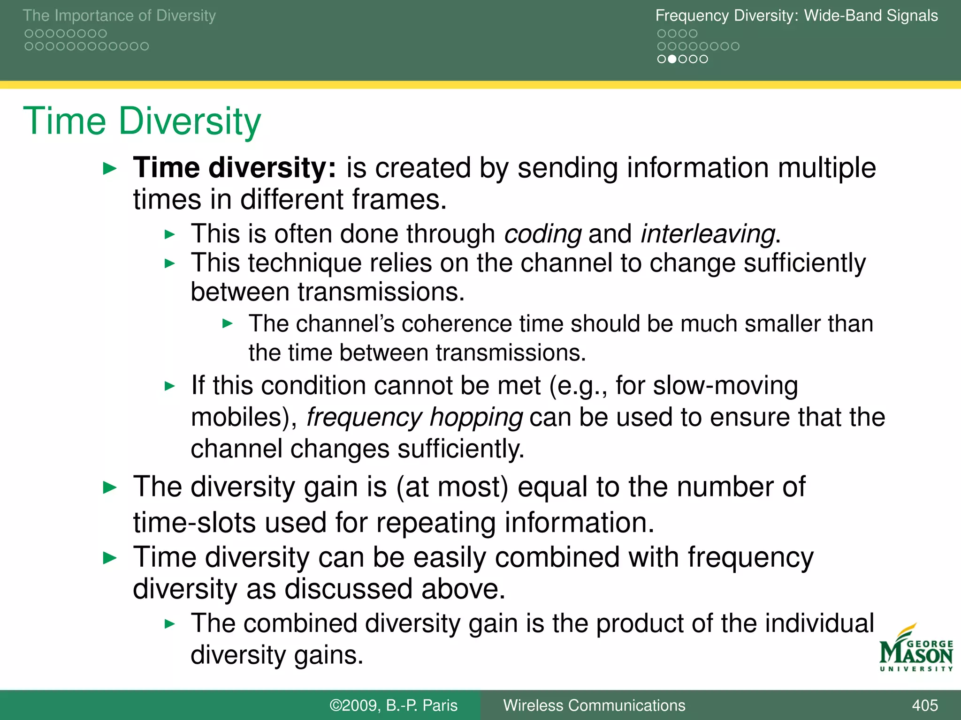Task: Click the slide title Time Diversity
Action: pyautogui.click(x=142, y=121)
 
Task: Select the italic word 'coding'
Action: pyautogui.click(x=543, y=234)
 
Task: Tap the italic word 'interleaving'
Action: pyautogui.click(x=708, y=234)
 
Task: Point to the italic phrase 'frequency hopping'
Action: pyautogui.click(x=414, y=417)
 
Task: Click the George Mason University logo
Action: pyautogui.click(x=915, y=649)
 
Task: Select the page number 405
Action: pyautogui.click(x=924, y=705)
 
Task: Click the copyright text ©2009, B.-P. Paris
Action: pyautogui.click(x=393, y=705)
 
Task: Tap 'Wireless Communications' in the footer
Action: pyautogui.click(x=594, y=705)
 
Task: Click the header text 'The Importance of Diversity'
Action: pyautogui.click(x=119, y=15)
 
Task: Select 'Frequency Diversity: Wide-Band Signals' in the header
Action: pyautogui.click(x=796, y=15)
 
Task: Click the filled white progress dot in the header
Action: pyautogui.click(x=672, y=59)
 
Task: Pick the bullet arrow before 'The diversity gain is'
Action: pyautogui.click(x=109, y=488)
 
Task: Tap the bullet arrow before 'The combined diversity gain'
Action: pyautogui.click(x=170, y=624)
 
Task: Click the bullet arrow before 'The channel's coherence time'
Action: pyautogui.click(x=228, y=323)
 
